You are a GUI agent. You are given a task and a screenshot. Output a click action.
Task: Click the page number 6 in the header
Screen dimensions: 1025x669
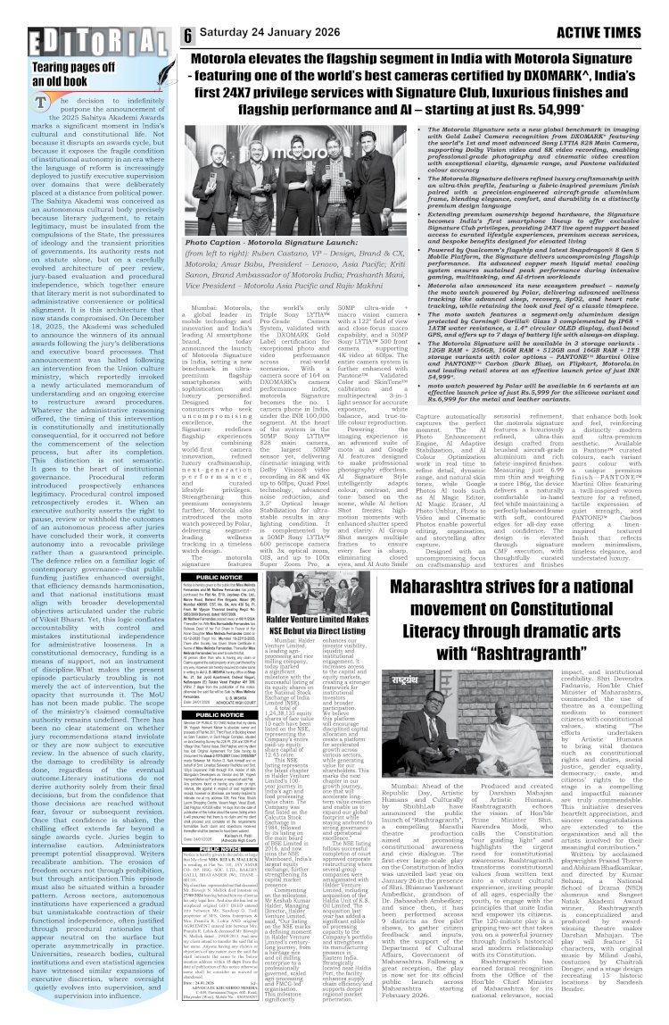click(188, 35)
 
